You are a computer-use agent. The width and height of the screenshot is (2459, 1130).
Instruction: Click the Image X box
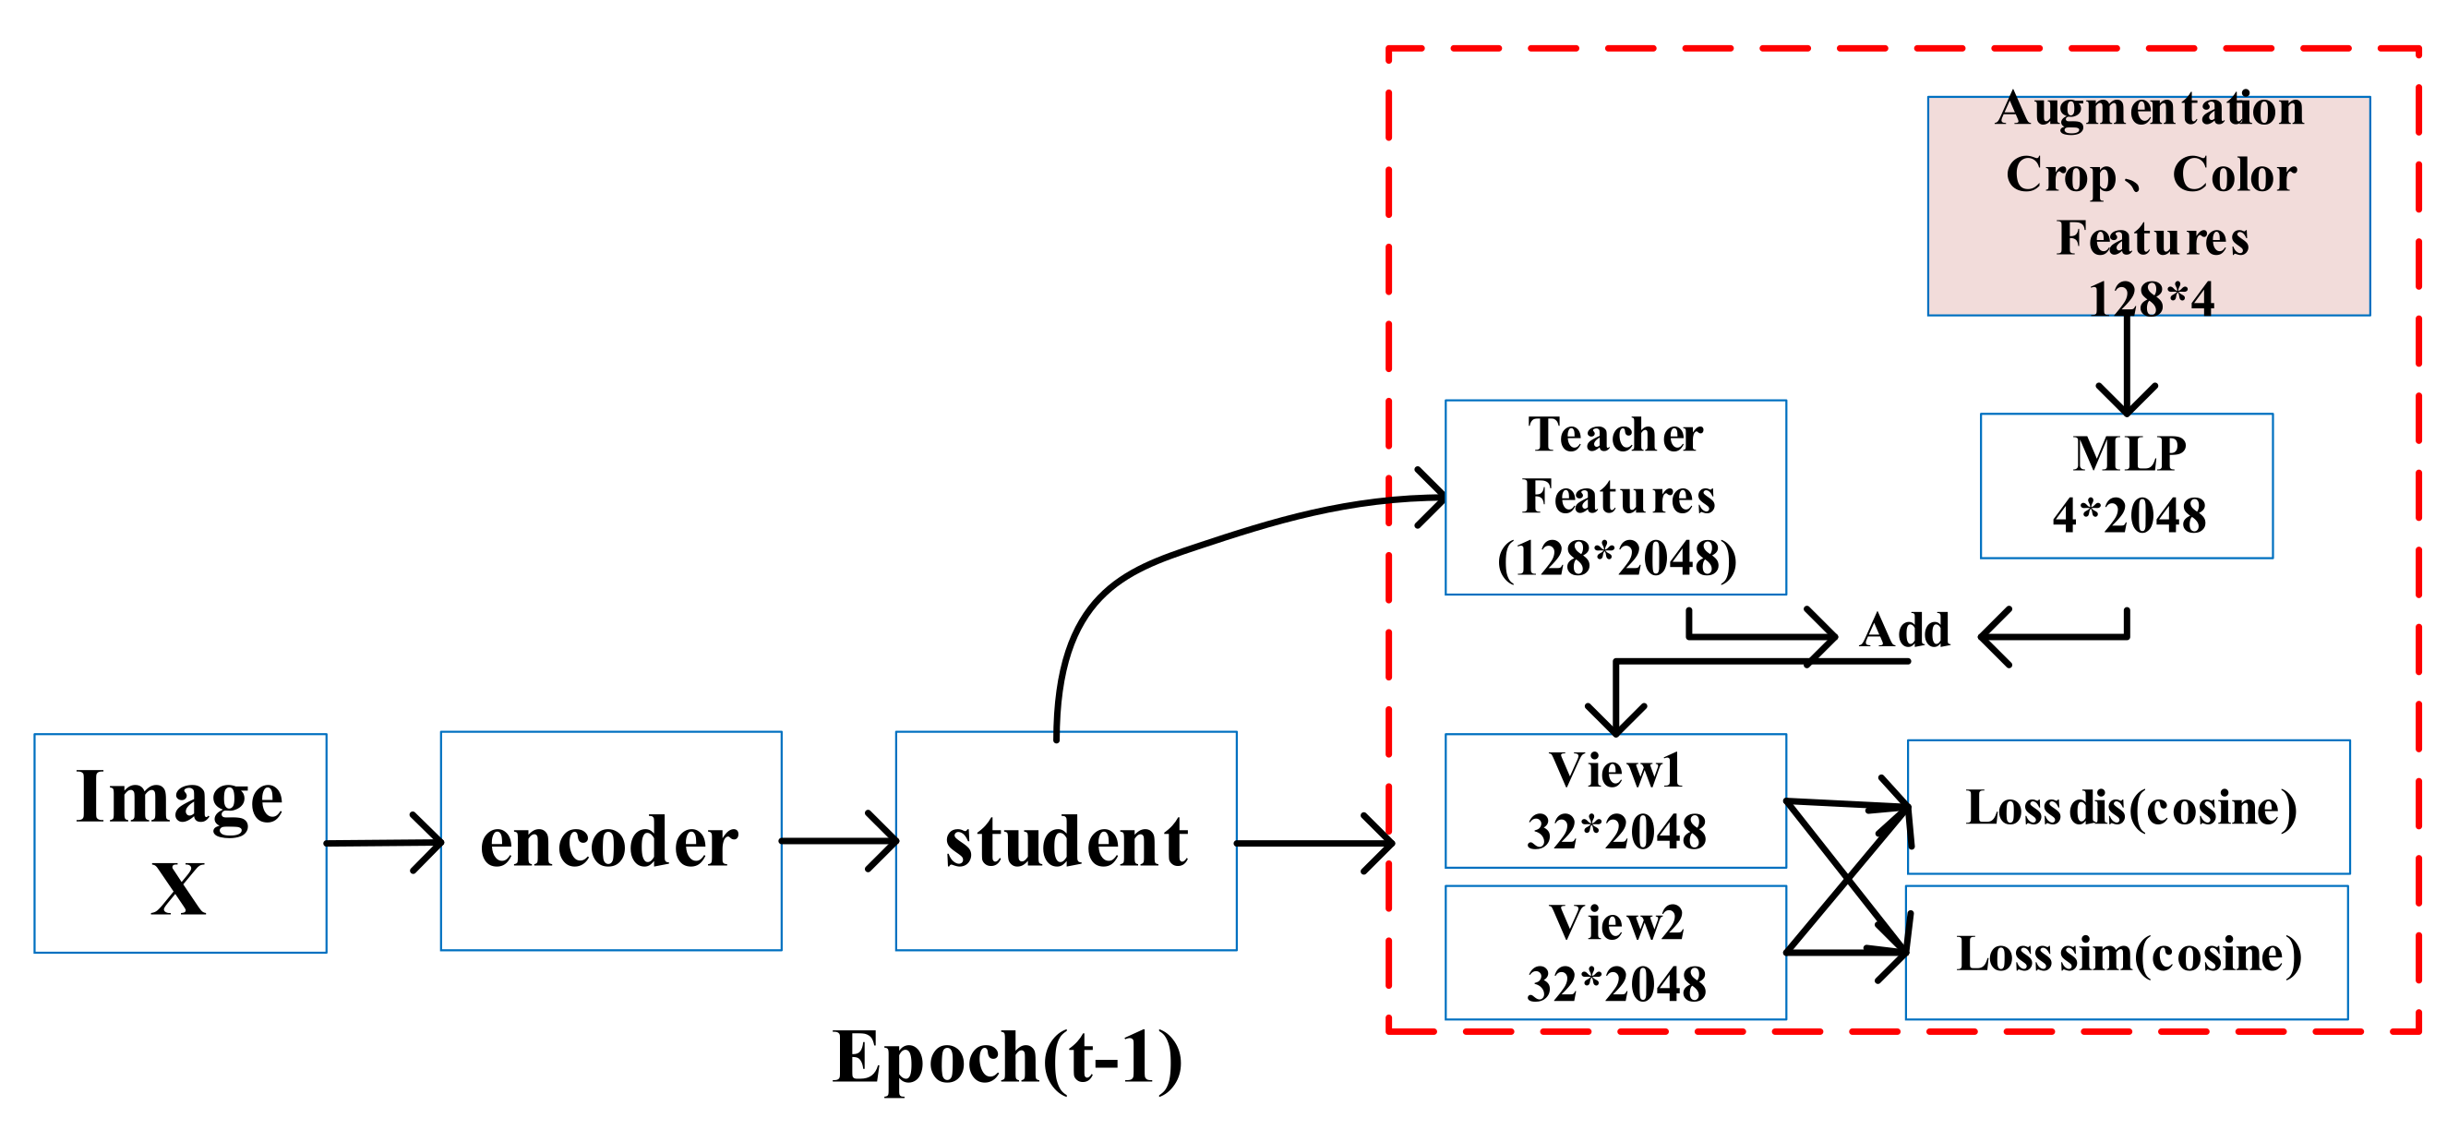[x=179, y=843]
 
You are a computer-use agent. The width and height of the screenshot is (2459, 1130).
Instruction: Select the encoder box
[x=611, y=841]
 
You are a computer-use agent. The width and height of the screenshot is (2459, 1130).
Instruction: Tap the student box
[x=1065, y=841]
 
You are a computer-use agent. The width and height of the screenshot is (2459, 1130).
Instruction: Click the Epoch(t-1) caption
[x=1007, y=1057]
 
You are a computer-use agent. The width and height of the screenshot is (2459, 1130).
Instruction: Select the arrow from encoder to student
[x=838, y=841]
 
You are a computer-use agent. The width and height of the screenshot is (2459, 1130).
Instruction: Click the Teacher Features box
[x=1615, y=497]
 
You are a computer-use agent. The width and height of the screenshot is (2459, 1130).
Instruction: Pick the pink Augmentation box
[x=2148, y=205]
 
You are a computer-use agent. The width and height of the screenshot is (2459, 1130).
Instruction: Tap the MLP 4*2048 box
[x=2126, y=485]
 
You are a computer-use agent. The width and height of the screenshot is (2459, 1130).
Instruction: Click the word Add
[x=1904, y=630]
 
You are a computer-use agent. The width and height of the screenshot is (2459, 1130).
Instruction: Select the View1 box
[x=1615, y=799]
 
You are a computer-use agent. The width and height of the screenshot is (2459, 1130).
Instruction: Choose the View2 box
[x=1615, y=952]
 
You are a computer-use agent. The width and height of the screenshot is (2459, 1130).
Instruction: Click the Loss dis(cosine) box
[x=2128, y=807]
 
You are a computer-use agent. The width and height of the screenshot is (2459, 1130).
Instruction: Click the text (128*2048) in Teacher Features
[x=1616, y=559]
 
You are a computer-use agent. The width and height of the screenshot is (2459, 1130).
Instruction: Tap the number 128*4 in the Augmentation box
[x=2150, y=299]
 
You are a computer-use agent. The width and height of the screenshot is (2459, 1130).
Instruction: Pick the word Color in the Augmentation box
[x=2234, y=174]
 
